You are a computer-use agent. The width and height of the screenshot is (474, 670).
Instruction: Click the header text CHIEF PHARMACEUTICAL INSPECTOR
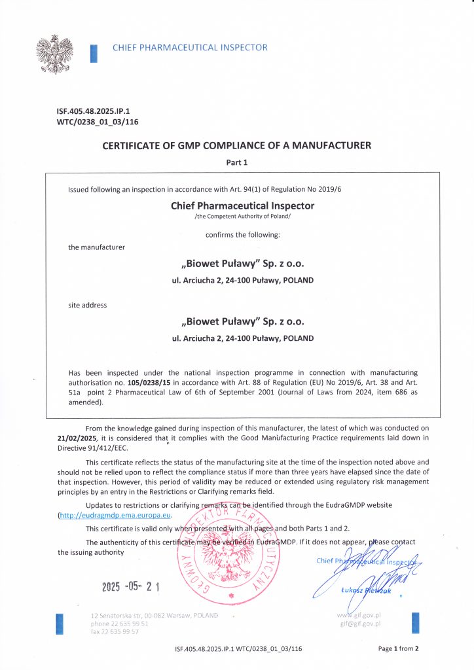click(x=190, y=47)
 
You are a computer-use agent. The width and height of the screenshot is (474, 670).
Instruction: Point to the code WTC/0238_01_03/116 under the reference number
click(x=98, y=122)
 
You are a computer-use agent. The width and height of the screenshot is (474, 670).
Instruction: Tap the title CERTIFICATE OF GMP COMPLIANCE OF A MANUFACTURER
click(x=237, y=146)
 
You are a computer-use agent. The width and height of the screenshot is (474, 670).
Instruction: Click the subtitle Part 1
click(x=237, y=162)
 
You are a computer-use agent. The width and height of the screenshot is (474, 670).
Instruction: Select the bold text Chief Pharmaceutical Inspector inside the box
click(x=242, y=205)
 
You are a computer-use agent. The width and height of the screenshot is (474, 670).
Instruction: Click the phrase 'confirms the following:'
click(x=242, y=234)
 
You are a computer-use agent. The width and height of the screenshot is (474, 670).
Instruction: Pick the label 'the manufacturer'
click(x=96, y=247)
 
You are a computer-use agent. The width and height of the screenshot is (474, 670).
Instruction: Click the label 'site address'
click(x=88, y=305)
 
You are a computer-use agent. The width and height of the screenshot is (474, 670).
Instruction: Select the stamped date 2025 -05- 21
click(x=131, y=587)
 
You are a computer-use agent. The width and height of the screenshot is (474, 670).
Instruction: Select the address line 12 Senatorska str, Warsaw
click(x=155, y=616)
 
